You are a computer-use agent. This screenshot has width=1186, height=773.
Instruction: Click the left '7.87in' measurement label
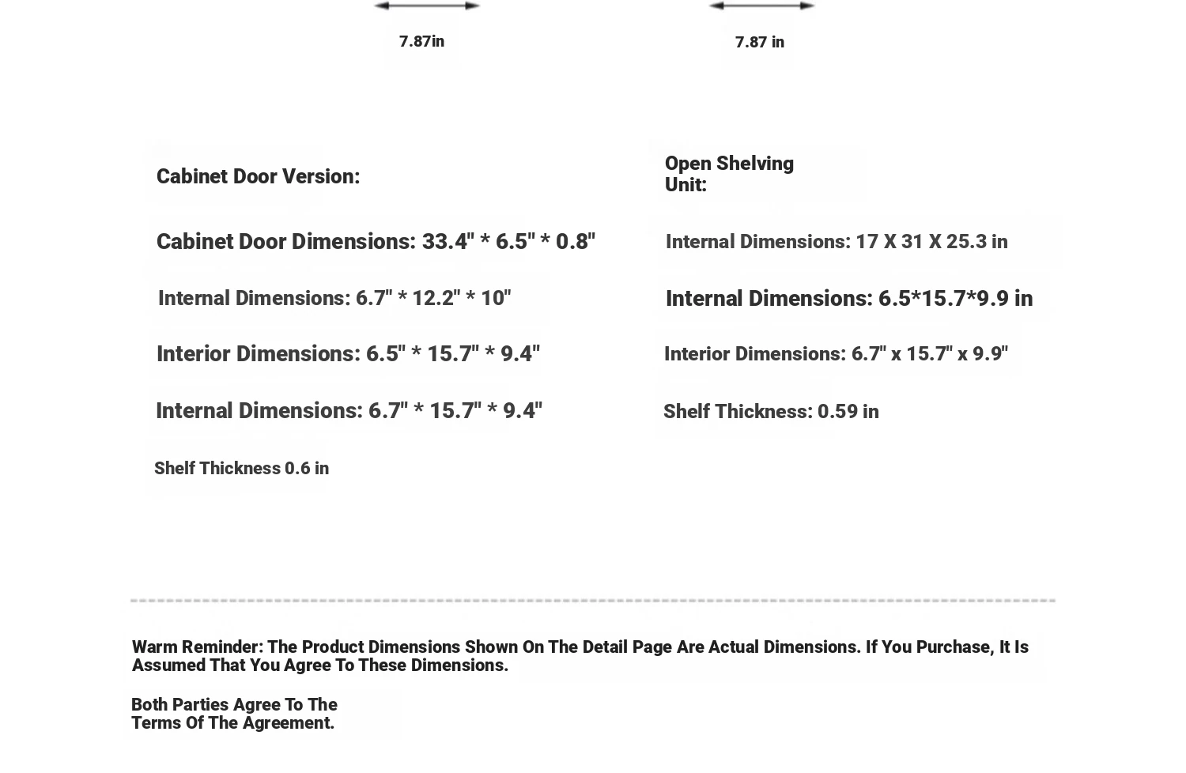[x=421, y=41]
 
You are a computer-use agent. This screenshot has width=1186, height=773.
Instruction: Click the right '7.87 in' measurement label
[x=759, y=42]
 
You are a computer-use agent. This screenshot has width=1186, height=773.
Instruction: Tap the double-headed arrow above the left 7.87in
[x=427, y=6]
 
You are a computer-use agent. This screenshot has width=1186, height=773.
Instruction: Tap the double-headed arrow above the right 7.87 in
[x=761, y=6]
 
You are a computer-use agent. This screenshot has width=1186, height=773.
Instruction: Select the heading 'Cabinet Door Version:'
[x=258, y=176]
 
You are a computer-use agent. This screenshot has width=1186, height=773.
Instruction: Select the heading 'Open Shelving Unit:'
[x=728, y=174]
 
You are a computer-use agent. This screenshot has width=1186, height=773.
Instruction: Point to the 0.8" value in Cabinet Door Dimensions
[x=575, y=241]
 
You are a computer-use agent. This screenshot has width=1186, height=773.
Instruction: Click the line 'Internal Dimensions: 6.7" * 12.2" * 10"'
[x=334, y=298]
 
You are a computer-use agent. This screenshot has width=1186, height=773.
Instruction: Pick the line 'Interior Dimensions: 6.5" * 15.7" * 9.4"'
[x=348, y=353]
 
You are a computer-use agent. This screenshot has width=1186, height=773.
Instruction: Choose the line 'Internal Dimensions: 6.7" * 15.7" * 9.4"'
[x=349, y=410]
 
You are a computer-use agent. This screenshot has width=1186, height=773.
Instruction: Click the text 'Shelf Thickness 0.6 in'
[x=241, y=468]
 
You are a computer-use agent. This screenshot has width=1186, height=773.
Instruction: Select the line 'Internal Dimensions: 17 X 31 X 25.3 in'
[x=836, y=241]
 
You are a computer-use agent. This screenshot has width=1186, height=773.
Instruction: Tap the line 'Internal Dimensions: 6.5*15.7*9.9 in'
[x=848, y=298]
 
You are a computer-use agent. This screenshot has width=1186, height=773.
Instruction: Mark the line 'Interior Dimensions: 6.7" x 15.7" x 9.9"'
[x=836, y=353]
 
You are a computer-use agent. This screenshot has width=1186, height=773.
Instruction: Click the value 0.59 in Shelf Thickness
[x=837, y=411]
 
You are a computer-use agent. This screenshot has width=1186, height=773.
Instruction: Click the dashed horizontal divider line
[x=593, y=601]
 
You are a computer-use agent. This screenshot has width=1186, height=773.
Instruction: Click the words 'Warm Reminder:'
[x=197, y=647]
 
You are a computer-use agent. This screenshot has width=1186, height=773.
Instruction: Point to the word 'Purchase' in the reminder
[x=954, y=647]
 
